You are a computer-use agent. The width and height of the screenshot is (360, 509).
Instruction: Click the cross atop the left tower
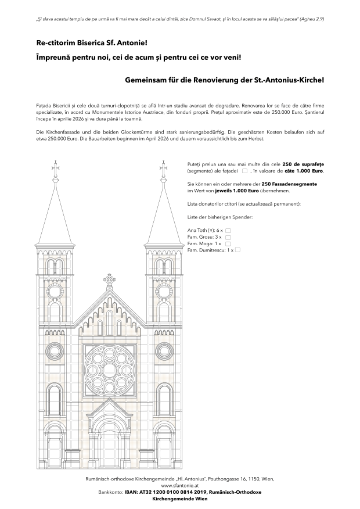click(56, 169)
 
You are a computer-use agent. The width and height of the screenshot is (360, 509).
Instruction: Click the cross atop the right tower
click(164, 169)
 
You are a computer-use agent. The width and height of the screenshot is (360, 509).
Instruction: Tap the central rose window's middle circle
click(110, 370)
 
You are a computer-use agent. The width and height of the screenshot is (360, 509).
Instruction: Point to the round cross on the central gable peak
click(110, 279)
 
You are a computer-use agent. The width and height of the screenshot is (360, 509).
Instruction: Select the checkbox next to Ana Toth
click(228, 231)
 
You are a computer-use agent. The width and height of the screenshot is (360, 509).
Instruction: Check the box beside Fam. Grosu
click(228, 238)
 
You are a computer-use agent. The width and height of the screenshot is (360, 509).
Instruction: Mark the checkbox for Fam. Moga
click(227, 244)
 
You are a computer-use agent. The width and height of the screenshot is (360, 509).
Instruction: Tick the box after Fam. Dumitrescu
click(237, 250)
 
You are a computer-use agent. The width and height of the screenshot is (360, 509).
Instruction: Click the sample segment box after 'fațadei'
click(244, 171)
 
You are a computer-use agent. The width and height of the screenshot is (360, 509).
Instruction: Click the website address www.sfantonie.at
click(180, 485)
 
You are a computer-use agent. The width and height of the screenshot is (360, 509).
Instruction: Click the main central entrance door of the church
click(110, 447)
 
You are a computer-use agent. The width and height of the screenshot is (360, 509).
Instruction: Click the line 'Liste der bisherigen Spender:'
click(221, 217)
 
